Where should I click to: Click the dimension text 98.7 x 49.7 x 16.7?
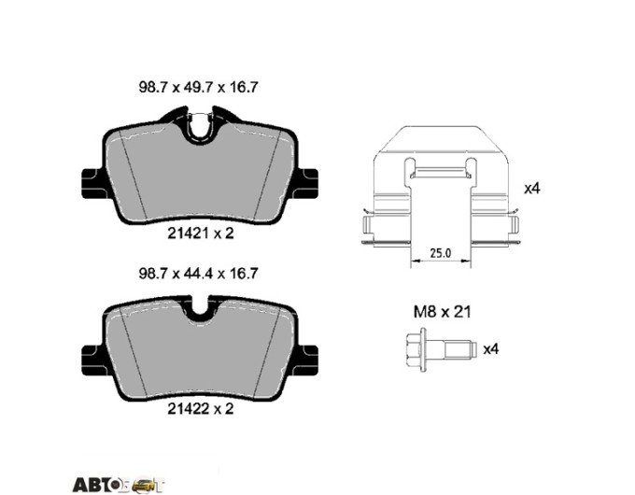point(198,87)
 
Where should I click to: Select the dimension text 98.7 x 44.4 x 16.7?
point(198,274)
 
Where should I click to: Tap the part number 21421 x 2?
point(201,233)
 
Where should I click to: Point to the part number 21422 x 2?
point(201,409)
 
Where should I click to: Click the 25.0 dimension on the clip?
point(440,254)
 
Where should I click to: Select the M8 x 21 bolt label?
point(443,312)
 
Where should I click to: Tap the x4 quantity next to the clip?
point(532,189)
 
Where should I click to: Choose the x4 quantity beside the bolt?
point(491,348)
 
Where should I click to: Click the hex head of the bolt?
point(414,349)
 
